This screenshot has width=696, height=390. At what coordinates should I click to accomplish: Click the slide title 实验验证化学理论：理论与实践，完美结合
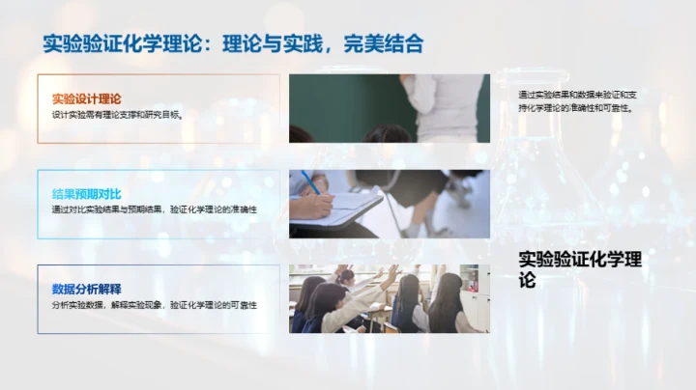click(233, 43)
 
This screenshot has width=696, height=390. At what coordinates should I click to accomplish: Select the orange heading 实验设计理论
click(86, 98)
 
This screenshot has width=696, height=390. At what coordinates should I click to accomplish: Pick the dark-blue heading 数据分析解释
click(86, 289)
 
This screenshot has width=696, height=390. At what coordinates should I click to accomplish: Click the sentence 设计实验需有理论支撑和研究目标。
click(117, 114)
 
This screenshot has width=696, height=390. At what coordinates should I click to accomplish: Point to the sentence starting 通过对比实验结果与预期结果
click(154, 209)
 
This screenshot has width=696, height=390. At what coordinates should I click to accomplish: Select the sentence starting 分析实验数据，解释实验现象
click(154, 304)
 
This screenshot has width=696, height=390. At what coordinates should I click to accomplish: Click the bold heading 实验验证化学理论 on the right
click(579, 269)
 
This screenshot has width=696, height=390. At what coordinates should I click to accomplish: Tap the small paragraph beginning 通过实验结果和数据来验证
click(577, 101)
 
